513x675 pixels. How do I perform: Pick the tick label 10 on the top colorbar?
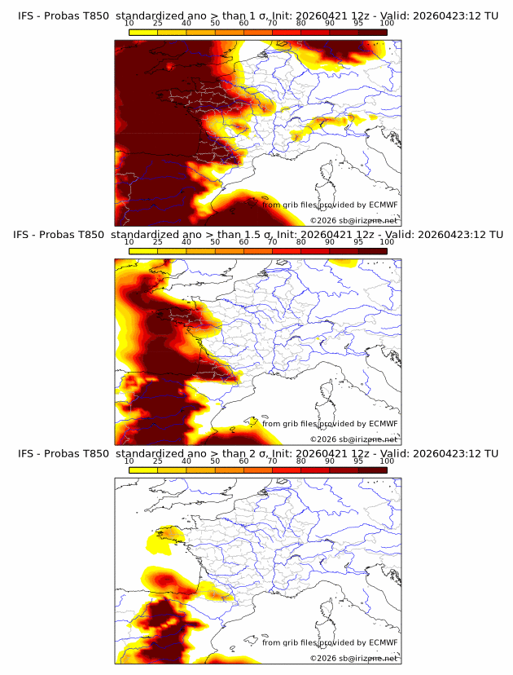(x=129, y=24)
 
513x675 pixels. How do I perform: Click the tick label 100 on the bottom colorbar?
(x=387, y=461)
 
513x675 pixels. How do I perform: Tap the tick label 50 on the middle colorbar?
(x=215, y=242)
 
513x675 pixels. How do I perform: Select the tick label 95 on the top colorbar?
(x=358, y=24)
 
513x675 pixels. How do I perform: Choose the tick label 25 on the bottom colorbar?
(x=157, y=461)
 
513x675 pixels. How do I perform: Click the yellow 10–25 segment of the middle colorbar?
(x=143, y=251)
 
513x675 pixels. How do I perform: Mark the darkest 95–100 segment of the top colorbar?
(x=372, y=33)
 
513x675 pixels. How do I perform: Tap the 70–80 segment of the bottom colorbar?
(x=287, y=470)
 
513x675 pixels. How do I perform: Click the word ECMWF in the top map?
(x=383, y=205)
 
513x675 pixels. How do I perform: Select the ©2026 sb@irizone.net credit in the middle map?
(x=353, y=439)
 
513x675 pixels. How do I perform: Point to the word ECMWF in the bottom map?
(x=383, y=642)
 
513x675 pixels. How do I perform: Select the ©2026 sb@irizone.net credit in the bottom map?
(x=353, y=658)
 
